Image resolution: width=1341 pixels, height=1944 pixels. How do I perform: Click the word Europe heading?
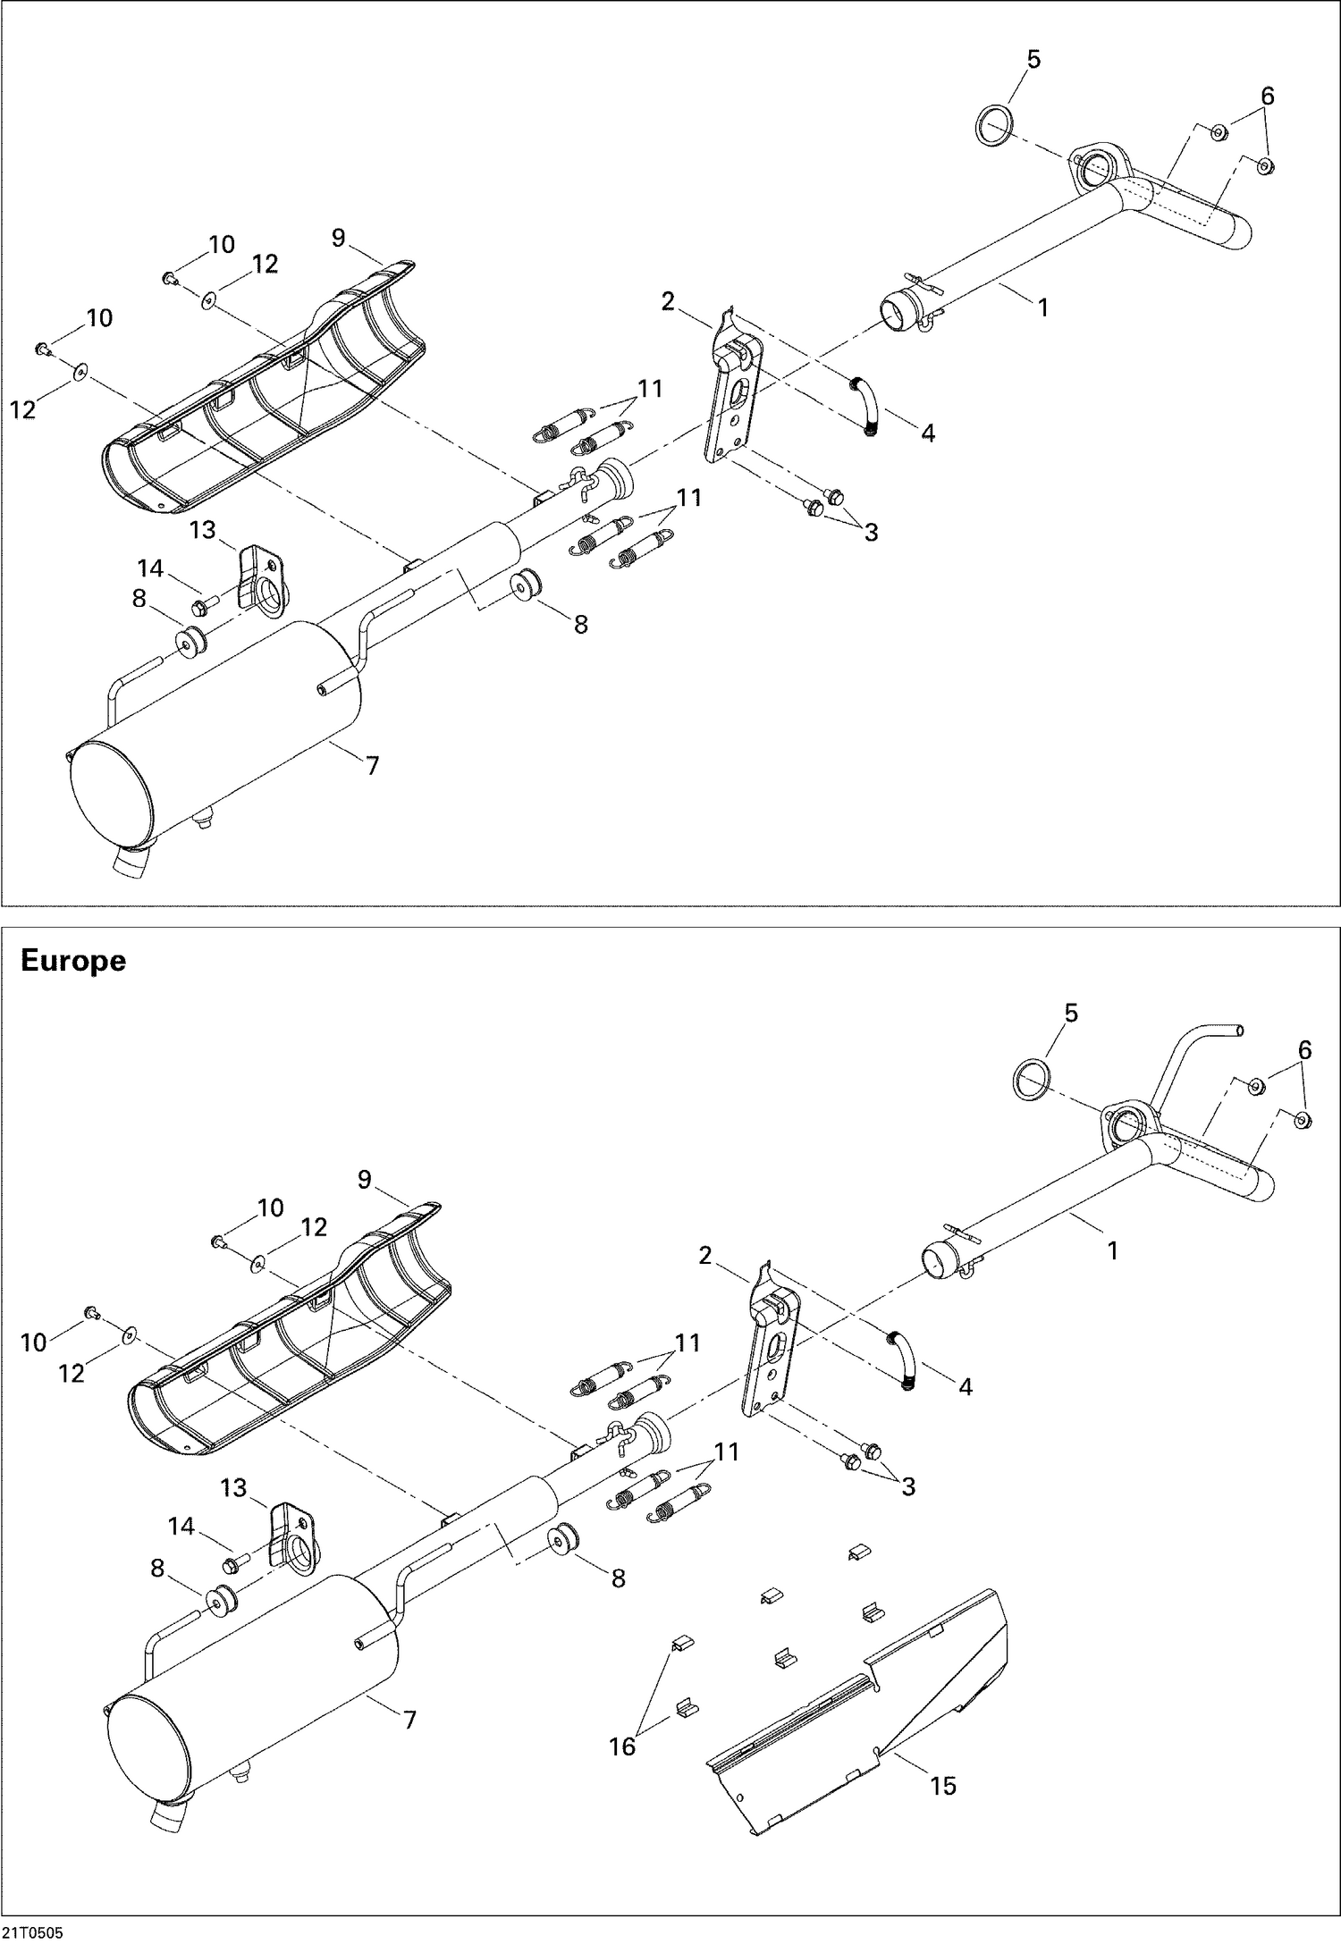click(72, 962)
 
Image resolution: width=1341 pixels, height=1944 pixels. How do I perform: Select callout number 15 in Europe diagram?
click(943, 1786)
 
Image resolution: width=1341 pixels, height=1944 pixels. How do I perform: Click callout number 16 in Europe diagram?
click(622, 1746)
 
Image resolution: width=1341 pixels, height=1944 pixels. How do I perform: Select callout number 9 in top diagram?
click(338, 238)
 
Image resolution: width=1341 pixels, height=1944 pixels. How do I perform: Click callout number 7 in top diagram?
click(373, 765)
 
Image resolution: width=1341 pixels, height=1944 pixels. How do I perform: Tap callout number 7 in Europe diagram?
click(410, 1720)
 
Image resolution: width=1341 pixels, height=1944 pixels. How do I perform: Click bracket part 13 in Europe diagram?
click(294, 1534)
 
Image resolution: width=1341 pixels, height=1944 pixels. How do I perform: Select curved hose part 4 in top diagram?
click(865, 407)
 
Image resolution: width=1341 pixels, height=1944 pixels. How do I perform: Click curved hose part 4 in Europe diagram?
click(902, 1360)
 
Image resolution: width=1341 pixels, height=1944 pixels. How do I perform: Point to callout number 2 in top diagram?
click(668, 302)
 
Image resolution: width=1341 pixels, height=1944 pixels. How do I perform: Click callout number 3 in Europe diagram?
click(908, 1486)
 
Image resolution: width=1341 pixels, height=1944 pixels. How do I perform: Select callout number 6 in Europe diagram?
click(1304, 1051)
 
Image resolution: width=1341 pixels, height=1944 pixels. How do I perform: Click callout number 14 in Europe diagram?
click(181, 1526)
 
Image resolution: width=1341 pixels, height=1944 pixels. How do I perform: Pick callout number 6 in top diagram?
click(1268, 97)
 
